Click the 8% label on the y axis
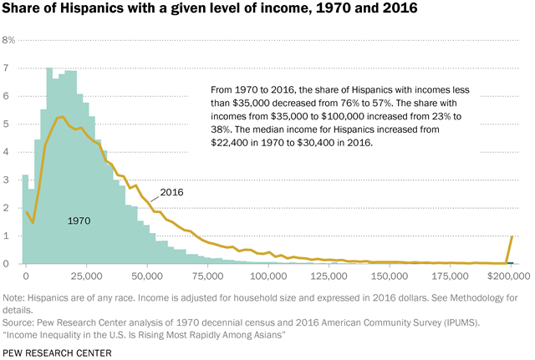(x=9, y=40)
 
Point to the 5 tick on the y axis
(x=7, y=124)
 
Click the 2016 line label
(x=171, y=192)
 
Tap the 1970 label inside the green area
(x=79, y=221)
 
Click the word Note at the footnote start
(x=13, y=298)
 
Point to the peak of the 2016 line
(x=60, y=117)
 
